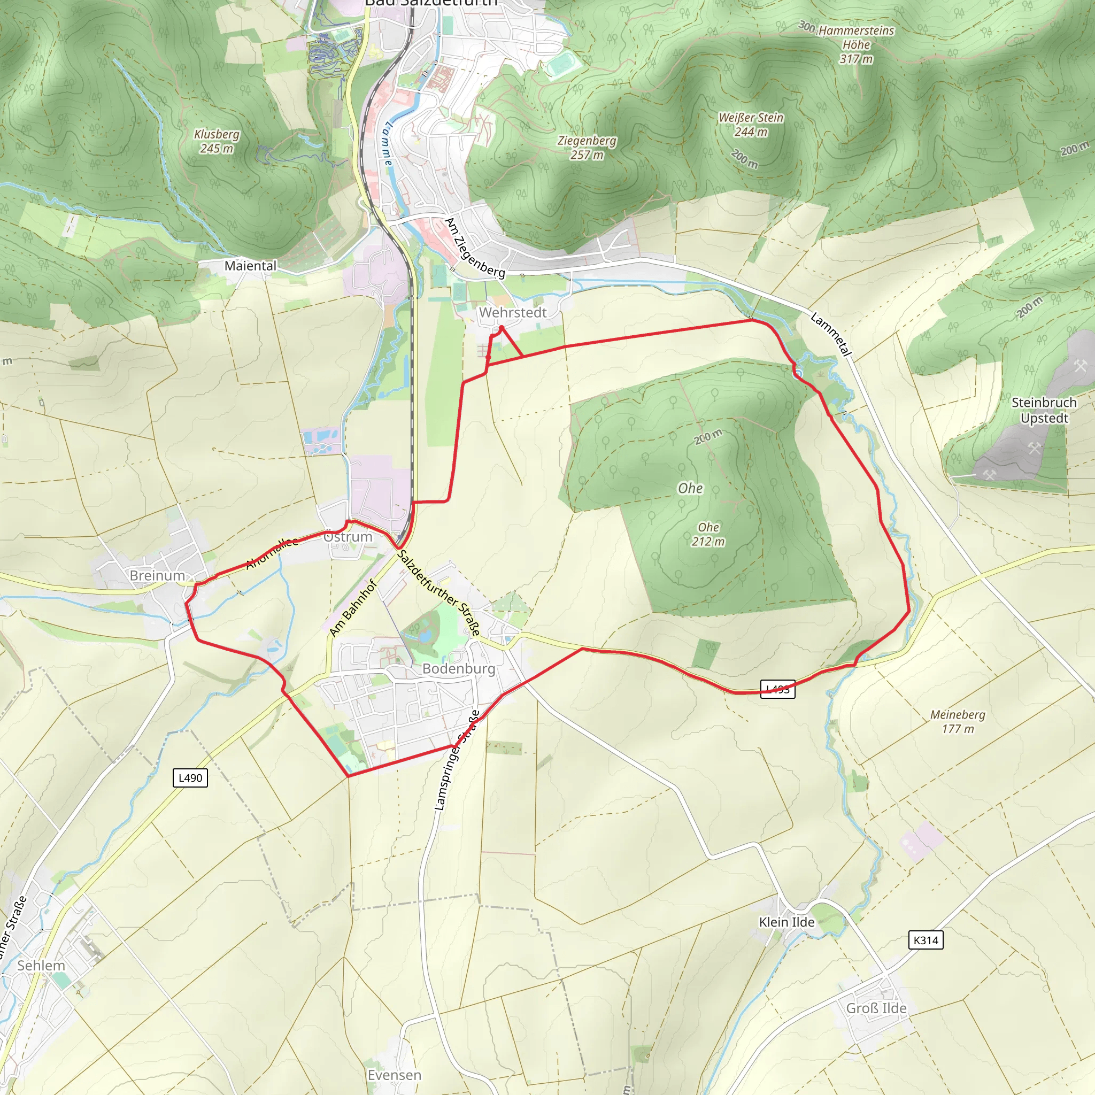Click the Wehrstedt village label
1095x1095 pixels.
click(512, 312)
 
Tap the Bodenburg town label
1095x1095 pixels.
click(459, 669)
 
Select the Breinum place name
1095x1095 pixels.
click(157, 575)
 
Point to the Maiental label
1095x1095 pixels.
click(251, 265)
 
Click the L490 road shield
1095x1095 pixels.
click(190, 777)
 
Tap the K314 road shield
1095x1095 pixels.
click(926, 940)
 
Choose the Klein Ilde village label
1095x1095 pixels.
click(786, 922)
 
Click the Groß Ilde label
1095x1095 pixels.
click(876, 1008)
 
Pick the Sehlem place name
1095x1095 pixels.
click(41, 965)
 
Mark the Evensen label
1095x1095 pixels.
click(394, 1075)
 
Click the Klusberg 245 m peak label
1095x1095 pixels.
click(217, 141)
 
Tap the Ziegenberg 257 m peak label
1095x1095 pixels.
click(587, 148)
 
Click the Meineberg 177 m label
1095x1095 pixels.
click(957, 721)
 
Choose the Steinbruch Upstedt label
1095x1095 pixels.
click(1044, 410)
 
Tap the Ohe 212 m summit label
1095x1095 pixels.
click(708, 534)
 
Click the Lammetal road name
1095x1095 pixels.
click(831, 334)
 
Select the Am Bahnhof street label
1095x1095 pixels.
click(352, 607)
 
